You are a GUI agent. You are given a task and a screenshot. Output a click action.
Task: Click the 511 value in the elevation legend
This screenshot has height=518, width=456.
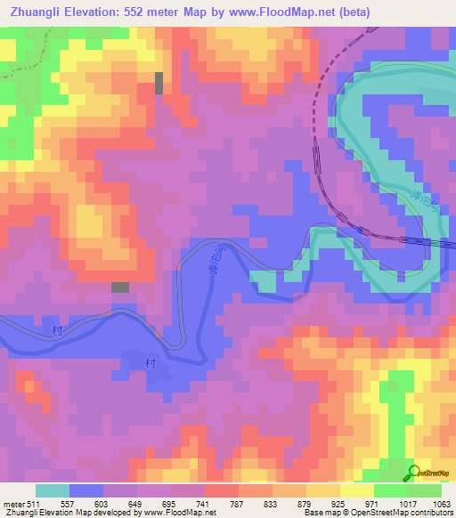(x=33, y=503)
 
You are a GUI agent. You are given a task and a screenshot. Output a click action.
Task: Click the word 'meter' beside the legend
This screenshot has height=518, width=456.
(x=12, y=503)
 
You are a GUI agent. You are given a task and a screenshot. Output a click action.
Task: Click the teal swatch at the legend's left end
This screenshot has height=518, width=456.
(x=52, y=490)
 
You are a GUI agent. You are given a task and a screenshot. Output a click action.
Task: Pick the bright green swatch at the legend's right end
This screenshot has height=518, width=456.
(x=425, y=490)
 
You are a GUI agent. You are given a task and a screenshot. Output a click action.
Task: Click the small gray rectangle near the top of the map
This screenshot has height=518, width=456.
(x=159, y=83)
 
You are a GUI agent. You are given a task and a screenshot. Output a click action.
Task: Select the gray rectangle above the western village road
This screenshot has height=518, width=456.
(x=119, y=287)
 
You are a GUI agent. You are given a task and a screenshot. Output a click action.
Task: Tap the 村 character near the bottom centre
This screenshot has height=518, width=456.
(x=150, y=363)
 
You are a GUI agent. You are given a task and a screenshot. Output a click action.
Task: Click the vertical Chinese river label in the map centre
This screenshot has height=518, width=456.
(x=212, y=263)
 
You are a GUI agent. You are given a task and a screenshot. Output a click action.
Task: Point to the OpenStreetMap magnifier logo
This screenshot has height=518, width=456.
(x=413, y=472)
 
